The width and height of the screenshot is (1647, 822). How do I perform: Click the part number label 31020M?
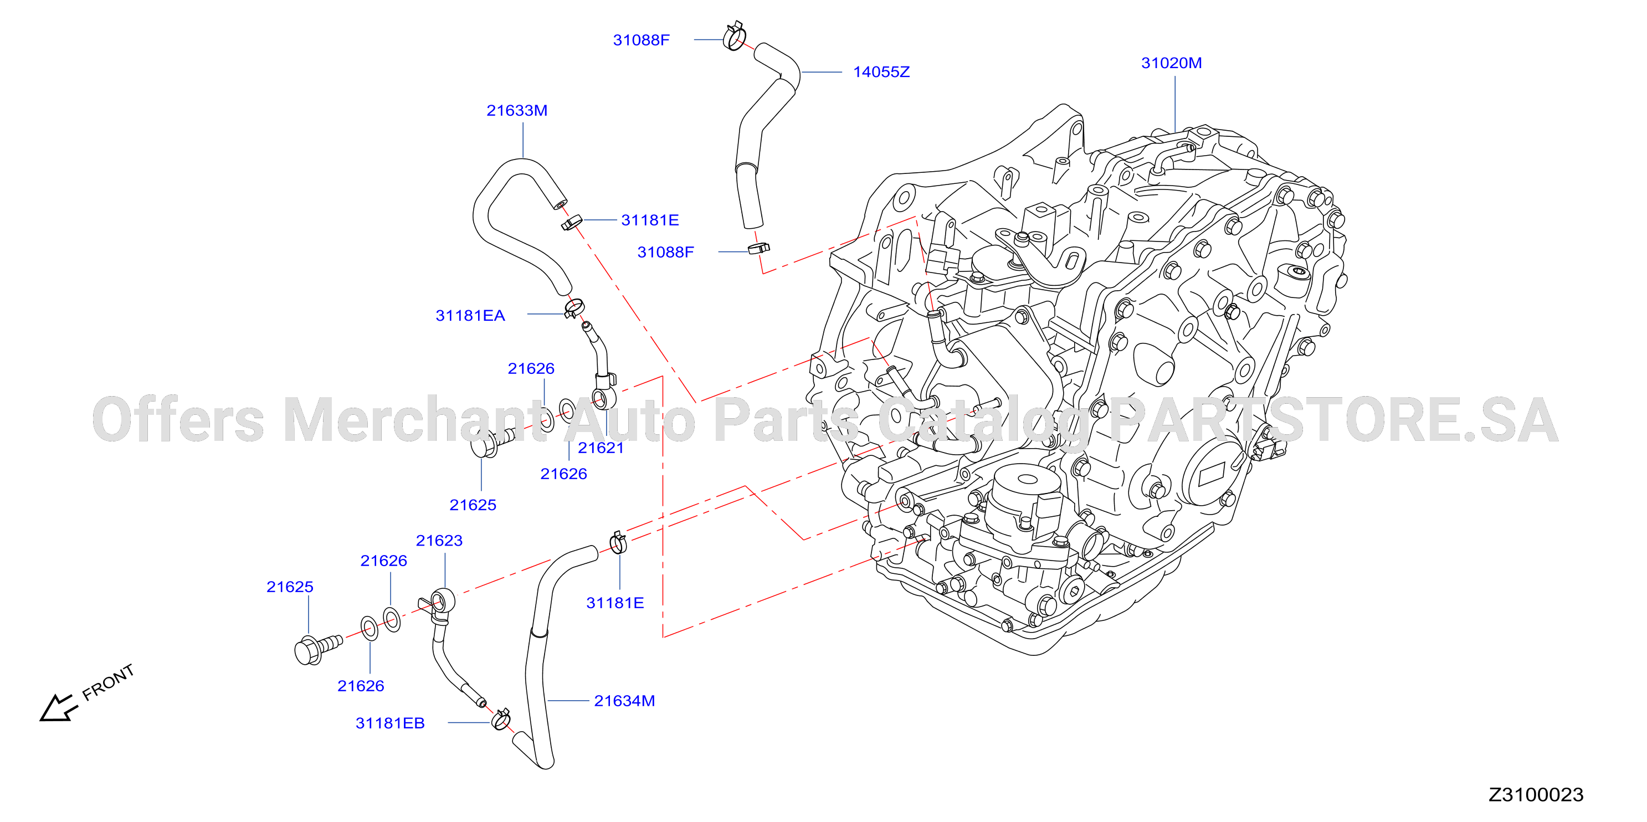pyautogui.click(x=1171, y=63)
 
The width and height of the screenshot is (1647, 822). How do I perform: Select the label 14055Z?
pyautogui.click(x=881, y=72)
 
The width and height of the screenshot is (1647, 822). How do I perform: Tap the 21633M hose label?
pyautogui.click(x=517, y=111)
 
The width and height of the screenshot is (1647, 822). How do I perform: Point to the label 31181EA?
pyautogui.click(x=470, y=316)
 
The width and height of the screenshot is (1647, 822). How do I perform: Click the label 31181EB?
pyautogui.click(x=390, y=723)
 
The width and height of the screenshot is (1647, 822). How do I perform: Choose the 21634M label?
pyautogui.click(x=625, y=701)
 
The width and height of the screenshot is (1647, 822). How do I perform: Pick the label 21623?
pyautogui.click(x=439, y=541)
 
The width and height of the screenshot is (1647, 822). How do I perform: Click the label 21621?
pyautogui.click(x=601, y=448)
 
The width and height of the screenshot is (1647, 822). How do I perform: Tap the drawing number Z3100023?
pyautogui.click(x=1536, y=794)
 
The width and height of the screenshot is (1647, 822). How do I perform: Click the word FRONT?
pyautogui.click(x=109, y=682)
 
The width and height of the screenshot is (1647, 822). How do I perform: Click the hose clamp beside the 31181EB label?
pyautogui.click(x=501, y=720)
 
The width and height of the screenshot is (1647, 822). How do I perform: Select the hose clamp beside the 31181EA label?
pyautogui.click(x=574, y=308)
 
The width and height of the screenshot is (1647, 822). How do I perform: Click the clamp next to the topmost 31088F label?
pyautogui.click(x=735, y=36)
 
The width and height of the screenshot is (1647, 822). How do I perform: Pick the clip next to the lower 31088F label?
pyautogui.click(x=759, y=248)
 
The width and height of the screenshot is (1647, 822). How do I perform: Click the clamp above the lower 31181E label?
pyautogui.click(x=618, y=543)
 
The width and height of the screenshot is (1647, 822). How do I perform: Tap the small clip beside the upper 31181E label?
pyautogui.click(x=572, y=223)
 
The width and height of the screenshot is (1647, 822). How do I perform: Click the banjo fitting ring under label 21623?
pyautogui.click(x=443, y=602)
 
